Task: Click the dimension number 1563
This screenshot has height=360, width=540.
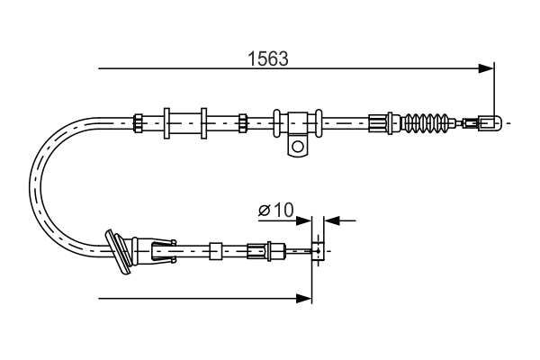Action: coord(267,59)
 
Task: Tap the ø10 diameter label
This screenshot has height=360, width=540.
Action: coord(276,211)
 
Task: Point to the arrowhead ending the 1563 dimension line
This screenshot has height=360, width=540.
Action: coord(488,67)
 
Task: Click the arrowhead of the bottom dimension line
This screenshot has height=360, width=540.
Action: coord(305,296)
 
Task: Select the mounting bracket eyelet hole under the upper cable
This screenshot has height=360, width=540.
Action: coord(297,145)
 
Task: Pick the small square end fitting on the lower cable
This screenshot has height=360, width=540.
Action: coord(318,250)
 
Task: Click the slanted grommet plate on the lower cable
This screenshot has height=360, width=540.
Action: coord(117,249)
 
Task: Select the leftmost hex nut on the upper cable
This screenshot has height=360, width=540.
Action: coord(138,121)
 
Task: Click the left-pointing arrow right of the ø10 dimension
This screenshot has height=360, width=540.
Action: coord(329,219)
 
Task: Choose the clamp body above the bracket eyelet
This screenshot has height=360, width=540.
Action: coord(298,121)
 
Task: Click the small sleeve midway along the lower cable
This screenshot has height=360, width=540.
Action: coord(216,250)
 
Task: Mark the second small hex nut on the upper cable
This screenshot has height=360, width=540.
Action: coord(242,121)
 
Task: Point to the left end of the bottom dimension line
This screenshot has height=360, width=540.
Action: coord(100,296)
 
